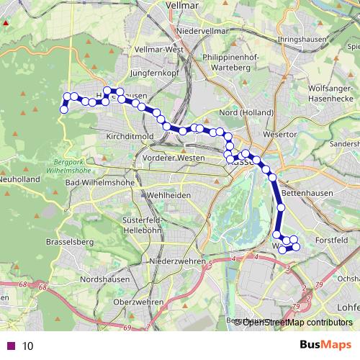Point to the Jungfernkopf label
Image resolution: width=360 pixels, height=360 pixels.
154,73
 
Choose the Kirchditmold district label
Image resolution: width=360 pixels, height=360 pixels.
128,135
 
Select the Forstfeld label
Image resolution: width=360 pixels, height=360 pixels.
331,239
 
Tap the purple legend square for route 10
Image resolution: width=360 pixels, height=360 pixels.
11,346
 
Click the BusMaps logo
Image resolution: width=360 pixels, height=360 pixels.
325,345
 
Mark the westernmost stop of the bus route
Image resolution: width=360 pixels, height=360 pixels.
63,109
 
